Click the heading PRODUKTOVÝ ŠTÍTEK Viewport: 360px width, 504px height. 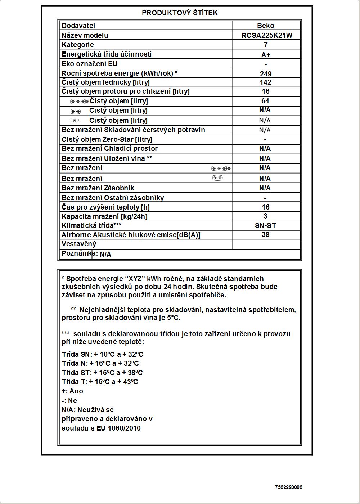coord(180,13)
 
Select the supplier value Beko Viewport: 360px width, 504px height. coord(266,26)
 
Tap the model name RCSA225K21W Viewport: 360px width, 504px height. coord(266,35)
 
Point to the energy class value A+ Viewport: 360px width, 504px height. coord(266,55)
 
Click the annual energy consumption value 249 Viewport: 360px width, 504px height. coord(266,74)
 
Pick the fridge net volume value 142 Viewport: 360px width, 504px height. coord(266,82)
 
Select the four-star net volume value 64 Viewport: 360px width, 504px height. coord(265,101)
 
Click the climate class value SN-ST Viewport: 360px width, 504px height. coord(265,226)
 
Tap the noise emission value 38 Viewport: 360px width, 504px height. coord(266,234)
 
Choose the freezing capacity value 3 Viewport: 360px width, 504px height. coord(266,216)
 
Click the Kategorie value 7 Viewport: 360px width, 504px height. coord(266,45)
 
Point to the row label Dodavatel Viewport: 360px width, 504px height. coord(78,26)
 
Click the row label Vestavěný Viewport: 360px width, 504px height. coord(79,244)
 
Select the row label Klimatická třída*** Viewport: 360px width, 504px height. coord(91,226)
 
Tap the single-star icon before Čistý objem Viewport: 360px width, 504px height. coord(75,120)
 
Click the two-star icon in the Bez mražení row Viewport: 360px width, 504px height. coord(217,178)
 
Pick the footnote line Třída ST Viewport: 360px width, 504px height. coord(102,373)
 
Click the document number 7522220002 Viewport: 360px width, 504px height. coord(289,487)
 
